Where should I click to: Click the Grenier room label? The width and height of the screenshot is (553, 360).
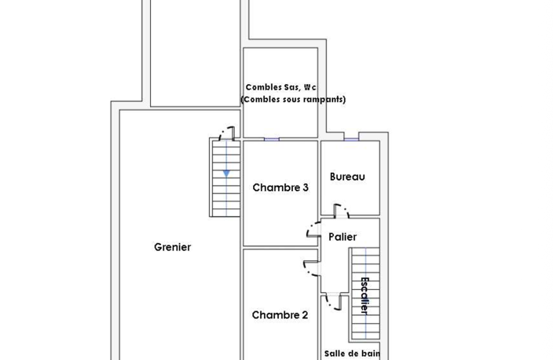click(x=173, y=247)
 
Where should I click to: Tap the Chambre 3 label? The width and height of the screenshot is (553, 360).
click(x=280, y=187)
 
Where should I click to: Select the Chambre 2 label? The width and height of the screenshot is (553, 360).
click(x=280, y=315)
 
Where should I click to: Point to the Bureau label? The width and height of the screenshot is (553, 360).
click(x=347, y=177)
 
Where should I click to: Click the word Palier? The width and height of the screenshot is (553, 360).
click(x=342, y=237)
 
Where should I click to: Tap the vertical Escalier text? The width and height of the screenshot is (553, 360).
click(x=364, y=296)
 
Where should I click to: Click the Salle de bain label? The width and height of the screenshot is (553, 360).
click(x=352, y=353)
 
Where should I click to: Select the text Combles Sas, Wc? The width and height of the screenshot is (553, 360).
click(x=280, y=87)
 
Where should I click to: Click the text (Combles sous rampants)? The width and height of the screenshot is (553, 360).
click(x=293, y=100)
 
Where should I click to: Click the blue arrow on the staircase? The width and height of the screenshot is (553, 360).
click(x=226, y=173)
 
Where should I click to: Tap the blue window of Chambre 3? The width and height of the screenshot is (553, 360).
click(x=272, y=139)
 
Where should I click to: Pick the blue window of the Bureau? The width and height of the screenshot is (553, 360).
click(x=351, y=139)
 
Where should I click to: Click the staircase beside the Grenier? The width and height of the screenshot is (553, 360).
click(x=225, y=178)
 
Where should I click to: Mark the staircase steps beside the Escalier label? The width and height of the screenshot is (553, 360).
click(x=365, y=294)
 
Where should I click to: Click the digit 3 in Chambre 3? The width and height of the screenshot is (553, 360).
click(x=306, y=187)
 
